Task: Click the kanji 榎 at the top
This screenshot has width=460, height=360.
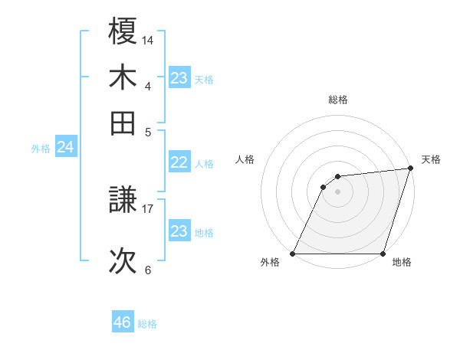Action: coord(123,32)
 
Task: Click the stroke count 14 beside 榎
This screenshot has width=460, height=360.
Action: coord(147,39)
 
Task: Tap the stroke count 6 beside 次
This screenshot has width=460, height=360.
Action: coord(147,270)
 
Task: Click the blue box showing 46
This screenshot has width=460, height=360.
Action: coord(123,322)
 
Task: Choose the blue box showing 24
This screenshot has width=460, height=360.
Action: coord(65,147)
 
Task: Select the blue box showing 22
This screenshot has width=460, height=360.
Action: coord(179,162)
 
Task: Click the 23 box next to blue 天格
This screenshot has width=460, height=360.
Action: coord(179,78)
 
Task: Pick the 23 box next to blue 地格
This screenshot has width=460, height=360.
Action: coord(179,231)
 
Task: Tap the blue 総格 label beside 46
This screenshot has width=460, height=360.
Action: coord(148,324)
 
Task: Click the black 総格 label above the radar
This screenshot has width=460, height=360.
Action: coord(338,100)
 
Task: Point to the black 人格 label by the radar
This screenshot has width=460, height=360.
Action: coord(245,159)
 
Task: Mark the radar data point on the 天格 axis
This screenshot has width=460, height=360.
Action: coord(410,169)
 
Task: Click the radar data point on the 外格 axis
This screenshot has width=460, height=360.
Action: coord(293,254)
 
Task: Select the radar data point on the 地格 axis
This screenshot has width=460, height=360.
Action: coord(383,254)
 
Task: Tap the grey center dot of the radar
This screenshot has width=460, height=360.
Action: coord(338,191)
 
